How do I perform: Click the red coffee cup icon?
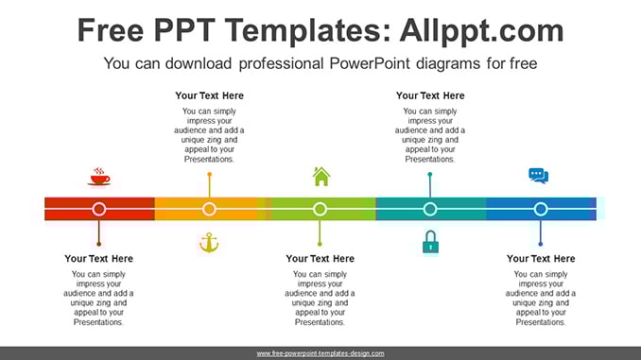coord(99,177)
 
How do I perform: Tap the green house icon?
coord(321,177)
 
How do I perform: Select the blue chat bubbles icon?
coord(538,176)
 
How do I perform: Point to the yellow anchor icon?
coord(209,242)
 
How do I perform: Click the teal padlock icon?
coord(430,242)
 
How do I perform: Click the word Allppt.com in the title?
coord(481,31)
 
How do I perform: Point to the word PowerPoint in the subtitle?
coord(370,63)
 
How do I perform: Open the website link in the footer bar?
coord(320,353)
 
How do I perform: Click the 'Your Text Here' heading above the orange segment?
coord(209,95)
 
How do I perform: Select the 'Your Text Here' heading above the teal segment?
coord(430,95)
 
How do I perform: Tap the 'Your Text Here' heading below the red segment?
coord(98,259)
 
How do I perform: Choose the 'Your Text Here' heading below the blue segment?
coord(541,259)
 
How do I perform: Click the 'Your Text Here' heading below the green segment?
coord(320,259)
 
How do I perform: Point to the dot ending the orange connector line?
coord(210,175)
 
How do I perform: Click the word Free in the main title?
coord(111,30)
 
